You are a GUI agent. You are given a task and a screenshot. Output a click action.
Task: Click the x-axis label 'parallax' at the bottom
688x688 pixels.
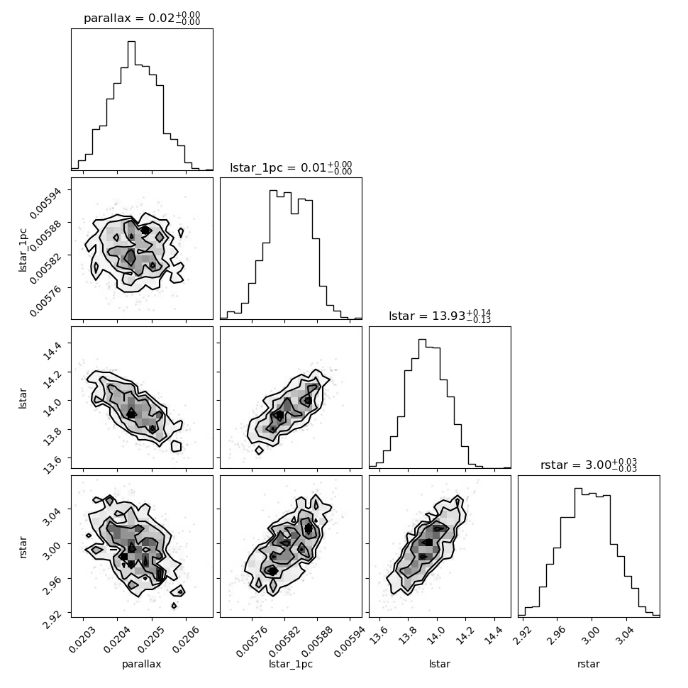[141, 664]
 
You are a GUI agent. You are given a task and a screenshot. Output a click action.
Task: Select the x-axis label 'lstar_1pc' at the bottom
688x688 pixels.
[291, 664]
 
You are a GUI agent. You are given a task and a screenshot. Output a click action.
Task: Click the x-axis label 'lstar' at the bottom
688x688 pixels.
[440, 664]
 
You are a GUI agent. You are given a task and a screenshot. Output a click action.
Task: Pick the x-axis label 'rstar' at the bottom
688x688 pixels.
[589, 664]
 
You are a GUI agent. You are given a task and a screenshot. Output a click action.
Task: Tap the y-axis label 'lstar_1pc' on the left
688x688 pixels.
[23, 250]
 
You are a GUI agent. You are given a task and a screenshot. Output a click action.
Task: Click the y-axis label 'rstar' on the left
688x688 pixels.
[23, 547]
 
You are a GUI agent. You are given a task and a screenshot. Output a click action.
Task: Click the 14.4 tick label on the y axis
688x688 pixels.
[52, 349]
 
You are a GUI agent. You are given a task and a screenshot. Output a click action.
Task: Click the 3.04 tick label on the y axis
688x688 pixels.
[52, 516]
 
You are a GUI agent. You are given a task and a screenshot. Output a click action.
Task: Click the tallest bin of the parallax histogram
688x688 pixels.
[132, 106]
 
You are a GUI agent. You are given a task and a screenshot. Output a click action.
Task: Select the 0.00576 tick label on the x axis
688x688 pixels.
[250, 641]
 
